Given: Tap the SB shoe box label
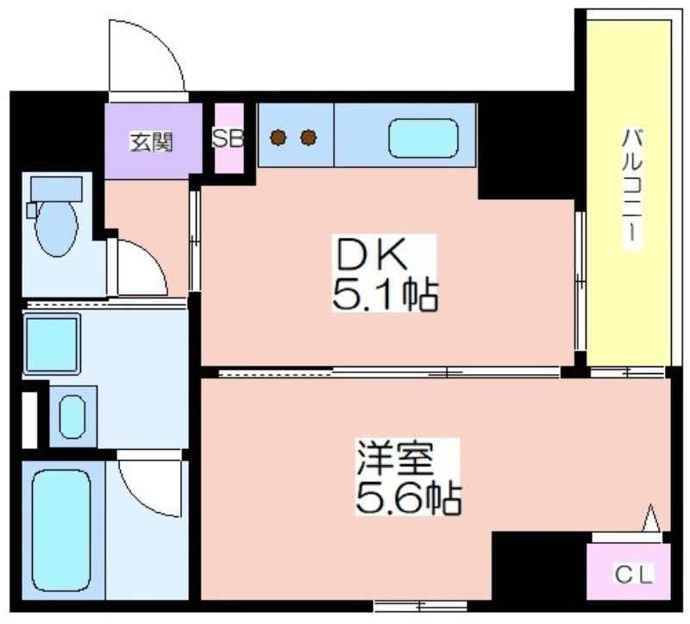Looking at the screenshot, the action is [x=228, y=139].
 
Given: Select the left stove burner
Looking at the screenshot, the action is [x=279, y=138].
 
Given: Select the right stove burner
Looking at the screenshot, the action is [x=309, y=138].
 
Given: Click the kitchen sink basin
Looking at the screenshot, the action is [x=423, y=138].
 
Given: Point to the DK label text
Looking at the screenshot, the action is [x=373, y=256].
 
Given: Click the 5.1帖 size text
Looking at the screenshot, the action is [x=385, y=294].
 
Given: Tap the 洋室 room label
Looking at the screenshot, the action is [x=396, y=459].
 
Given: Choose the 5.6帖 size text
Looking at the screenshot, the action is [x=409, y=498].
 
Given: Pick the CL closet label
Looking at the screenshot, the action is [x=634, y=574].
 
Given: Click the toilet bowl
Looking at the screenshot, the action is [x=56, y=229].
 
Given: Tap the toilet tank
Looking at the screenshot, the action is [x=56, y=189].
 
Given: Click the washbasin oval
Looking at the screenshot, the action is [x=72, y=416].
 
